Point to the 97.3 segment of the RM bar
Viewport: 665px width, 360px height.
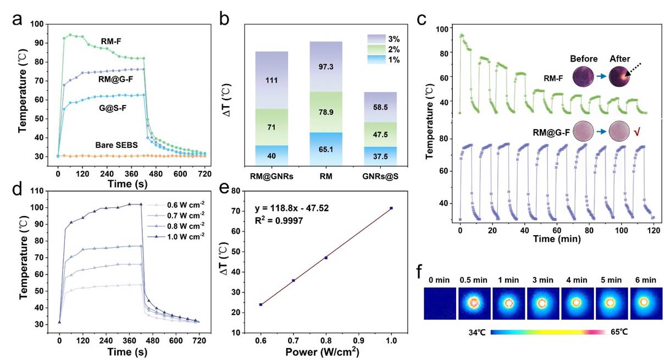click(326, 66)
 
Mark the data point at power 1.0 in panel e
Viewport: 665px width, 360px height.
click(391, 208)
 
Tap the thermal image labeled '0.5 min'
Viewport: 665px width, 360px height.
click(474, 302)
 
